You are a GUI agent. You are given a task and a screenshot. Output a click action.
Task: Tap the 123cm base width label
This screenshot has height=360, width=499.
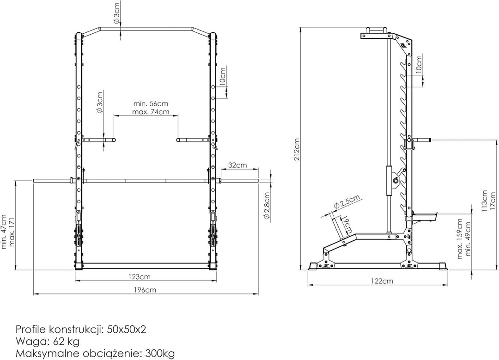(x=140, y=277)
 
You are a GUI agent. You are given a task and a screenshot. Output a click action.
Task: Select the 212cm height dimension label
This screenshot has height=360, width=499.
(x=296, y=149)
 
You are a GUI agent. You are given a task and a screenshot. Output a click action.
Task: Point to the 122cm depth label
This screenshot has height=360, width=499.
(x=382, y=281)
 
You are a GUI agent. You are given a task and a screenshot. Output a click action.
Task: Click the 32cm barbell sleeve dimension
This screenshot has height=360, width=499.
(x=238, y=165)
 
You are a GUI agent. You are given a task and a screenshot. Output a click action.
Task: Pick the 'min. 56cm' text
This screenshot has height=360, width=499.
(x=151, y=104)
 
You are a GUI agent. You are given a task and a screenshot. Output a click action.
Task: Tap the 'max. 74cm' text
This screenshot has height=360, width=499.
(x=151, y=112)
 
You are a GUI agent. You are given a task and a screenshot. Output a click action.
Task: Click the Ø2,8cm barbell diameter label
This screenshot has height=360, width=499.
(x=267, y=206)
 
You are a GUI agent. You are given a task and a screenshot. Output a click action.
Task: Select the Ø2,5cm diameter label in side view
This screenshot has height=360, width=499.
(x=347, y=201)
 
